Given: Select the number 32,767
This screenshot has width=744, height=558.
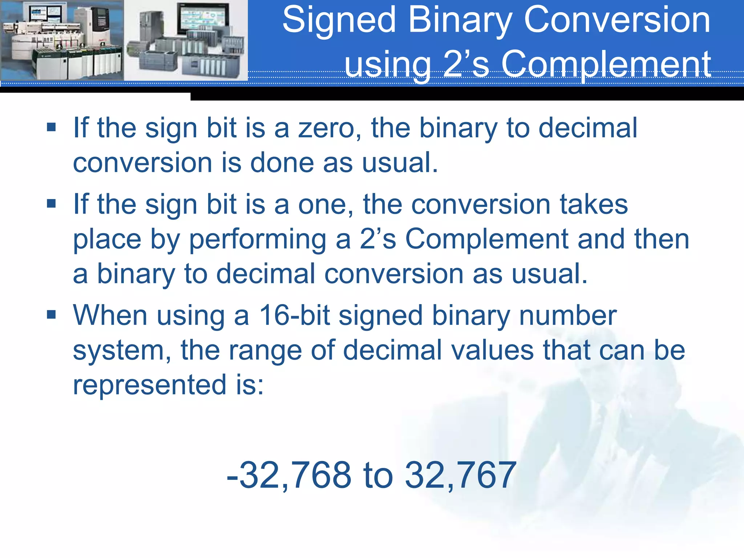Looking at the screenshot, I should (x=460, y=475).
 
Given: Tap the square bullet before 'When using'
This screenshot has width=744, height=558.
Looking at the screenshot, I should (x=51, y=314).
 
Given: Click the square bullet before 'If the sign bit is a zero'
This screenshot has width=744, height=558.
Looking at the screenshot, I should (x=51, y=127).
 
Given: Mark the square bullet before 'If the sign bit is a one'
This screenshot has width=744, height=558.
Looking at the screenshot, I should (x=51, y=203).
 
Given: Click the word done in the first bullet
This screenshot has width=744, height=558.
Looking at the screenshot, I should (x=282, y=163).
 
